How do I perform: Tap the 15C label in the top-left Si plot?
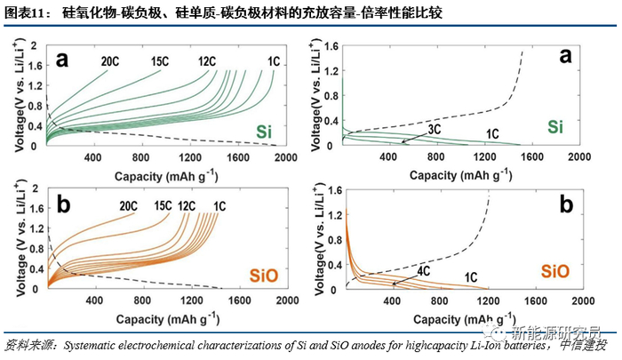point(160,62)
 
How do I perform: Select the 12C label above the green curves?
point(207,62)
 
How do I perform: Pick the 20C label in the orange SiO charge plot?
point(130,206)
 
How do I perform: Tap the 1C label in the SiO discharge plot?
point(475,277)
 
